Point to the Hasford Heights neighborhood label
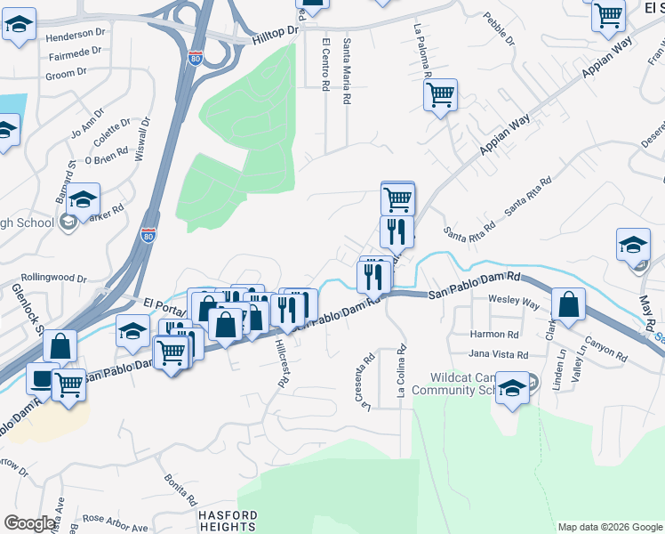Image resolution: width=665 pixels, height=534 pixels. [228, 521]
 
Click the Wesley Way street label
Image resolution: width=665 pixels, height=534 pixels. [514, 303]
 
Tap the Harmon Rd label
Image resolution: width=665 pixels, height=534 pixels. [493, 335]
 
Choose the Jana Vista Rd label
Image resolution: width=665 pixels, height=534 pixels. [499, 355]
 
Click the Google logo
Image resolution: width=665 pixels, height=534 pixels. [29, 523]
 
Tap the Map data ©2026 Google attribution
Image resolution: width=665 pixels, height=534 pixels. [610, 527]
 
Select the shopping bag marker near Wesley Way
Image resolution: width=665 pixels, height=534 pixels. [568, 304]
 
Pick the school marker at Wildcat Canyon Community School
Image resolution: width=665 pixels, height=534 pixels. [512, 389]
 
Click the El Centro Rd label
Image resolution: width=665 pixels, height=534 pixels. [325, 63]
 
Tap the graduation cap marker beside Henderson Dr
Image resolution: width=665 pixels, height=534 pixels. [19, 27]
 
